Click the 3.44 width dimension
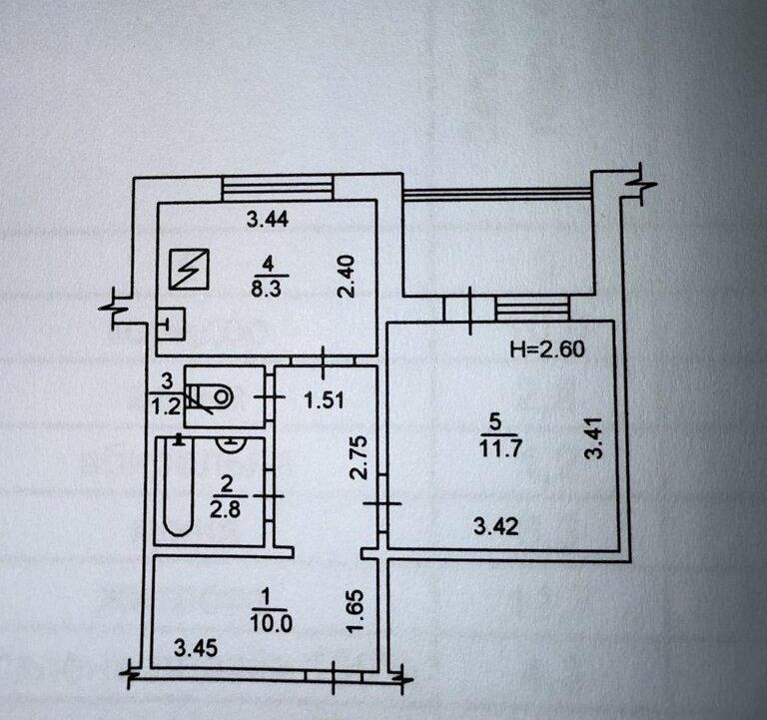point(268,219)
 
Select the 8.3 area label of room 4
point(267,289)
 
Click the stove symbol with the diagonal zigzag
point(190,269)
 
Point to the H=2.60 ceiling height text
point(547,350)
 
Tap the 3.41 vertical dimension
point(593,437)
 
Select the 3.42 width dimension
point(496,527)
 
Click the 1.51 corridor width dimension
point(324,401)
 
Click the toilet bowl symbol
point(211,394)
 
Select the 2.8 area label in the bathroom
point(225,510)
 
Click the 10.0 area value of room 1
point(271,624)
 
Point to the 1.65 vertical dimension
point(356,611)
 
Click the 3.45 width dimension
point(196,648)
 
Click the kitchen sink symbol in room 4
point(171,324)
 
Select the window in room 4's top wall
point(278,187)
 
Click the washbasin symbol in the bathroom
point(230,445)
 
